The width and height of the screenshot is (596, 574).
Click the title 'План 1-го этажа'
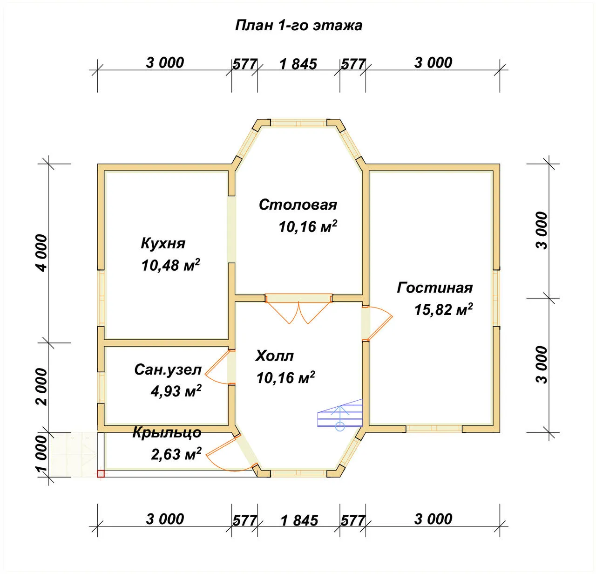298,26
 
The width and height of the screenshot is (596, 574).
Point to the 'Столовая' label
298,205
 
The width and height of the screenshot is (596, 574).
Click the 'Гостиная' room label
435,288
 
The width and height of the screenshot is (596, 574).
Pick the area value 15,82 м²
443,309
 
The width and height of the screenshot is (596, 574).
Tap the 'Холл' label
274,356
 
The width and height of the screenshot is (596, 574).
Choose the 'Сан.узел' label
168,370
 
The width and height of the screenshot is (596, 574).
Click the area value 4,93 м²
176,391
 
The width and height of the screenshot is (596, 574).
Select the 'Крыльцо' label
167,433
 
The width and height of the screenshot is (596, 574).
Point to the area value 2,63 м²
176,454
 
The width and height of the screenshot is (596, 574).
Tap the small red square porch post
101,474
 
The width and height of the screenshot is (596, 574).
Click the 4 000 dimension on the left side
42,253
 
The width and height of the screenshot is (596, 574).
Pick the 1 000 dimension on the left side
42,454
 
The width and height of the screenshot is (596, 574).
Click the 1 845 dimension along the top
298,64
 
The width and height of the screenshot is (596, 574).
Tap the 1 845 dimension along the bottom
299,521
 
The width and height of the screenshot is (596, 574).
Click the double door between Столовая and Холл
298,309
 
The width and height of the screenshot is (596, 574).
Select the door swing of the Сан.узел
218,367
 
